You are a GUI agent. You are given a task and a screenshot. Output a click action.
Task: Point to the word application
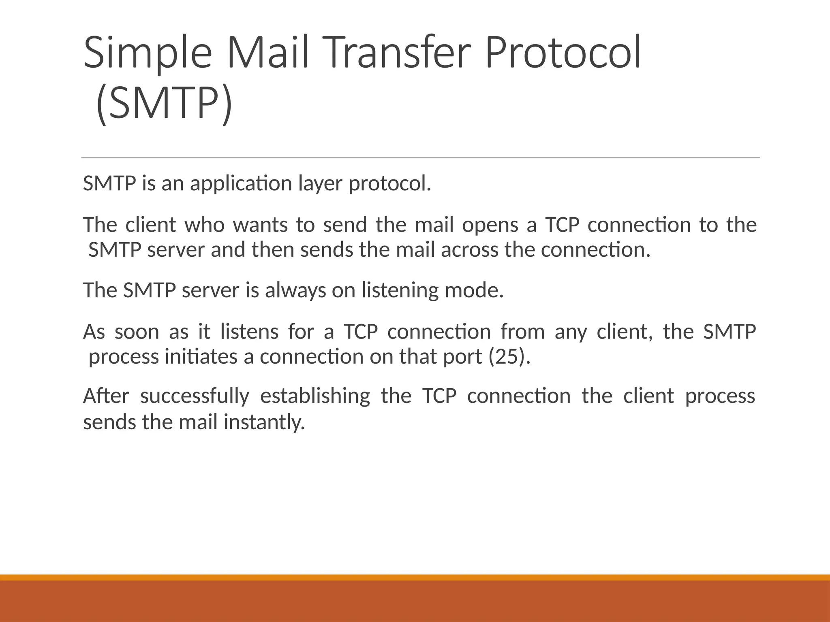coord(241,184)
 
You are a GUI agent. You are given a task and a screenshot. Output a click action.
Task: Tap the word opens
coord(490,225)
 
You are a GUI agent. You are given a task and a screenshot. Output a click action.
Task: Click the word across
coord(470,250)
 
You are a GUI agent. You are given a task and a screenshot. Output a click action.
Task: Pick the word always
coord(295,290)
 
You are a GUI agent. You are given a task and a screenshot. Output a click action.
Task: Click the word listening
coord(400,290)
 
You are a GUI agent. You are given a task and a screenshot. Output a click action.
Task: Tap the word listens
coord(249,332)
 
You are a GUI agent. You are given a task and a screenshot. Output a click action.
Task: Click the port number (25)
coord(509,357)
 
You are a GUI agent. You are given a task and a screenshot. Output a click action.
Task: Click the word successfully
coord(195,396)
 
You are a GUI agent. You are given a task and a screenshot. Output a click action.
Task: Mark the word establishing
coord(315,396)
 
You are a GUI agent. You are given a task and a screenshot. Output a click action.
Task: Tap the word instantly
coord(264,422)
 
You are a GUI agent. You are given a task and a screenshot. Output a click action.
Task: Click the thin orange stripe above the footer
coord(415,577)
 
